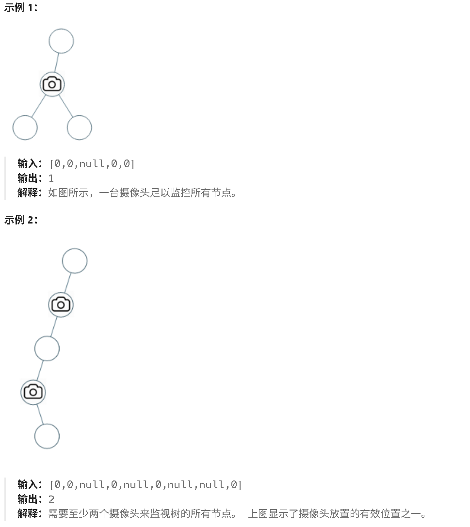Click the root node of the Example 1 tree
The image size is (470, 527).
pos(61,41)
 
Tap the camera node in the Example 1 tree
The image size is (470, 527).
pos(52,84)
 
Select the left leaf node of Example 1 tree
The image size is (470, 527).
pos(25,128)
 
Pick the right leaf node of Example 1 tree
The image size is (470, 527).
pos(79,128)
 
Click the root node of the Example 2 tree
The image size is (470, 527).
pos(75,261)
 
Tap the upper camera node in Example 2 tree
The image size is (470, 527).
pos(61,304)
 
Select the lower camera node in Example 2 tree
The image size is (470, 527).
pos(33,392)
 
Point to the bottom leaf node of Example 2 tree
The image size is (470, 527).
pos(47,436)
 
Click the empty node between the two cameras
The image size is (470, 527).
pos(47,348)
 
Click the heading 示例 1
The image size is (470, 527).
pos(20,8)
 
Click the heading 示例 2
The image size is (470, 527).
pos(20,220)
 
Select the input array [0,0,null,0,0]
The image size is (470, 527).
pos(92,164)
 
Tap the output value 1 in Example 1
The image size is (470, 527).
pos(51,178)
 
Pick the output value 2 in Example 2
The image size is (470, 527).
pos(51,499)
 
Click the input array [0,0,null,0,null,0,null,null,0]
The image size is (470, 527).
pos(145,485)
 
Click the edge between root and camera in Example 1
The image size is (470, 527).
pos(57,63)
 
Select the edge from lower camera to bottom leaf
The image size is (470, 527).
pos(40,414)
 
